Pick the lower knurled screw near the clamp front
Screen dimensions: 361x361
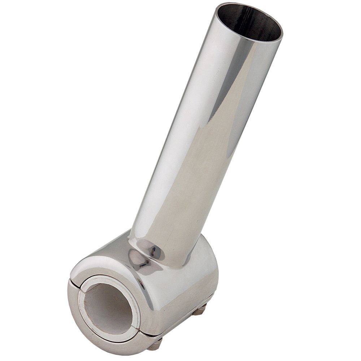pos(155,344)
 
